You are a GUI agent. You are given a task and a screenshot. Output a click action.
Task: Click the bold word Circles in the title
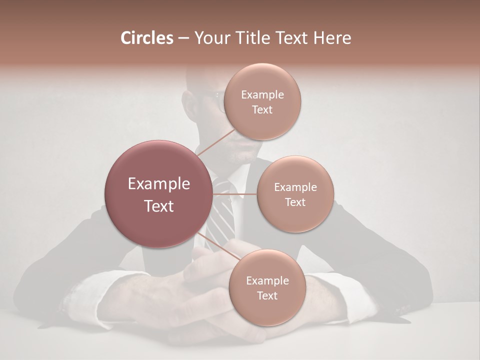coord(146,38)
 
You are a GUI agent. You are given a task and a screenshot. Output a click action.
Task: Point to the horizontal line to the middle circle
coord(235,194)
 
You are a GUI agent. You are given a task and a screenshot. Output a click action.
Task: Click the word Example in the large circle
coord(159,184)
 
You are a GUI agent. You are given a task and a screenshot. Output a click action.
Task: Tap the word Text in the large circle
coord(159,206)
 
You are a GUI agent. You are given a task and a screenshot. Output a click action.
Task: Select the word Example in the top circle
coord(262,95)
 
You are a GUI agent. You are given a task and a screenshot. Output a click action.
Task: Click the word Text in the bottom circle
coord(267,296)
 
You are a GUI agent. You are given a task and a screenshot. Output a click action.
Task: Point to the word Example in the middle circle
coord(295,187)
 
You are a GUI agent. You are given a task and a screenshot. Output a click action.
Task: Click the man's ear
coord(189,102)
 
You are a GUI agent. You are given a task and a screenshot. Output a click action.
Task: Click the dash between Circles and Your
coord(183,38)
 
